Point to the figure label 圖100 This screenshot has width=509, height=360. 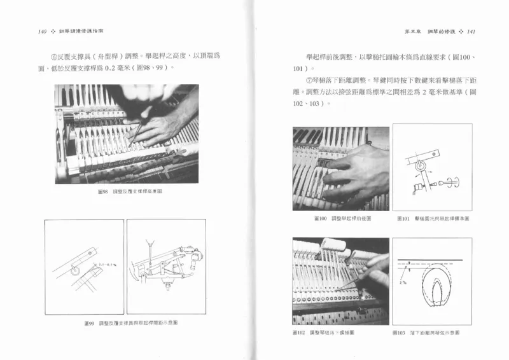(321, 218)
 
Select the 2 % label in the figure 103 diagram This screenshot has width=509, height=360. (402, 282)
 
